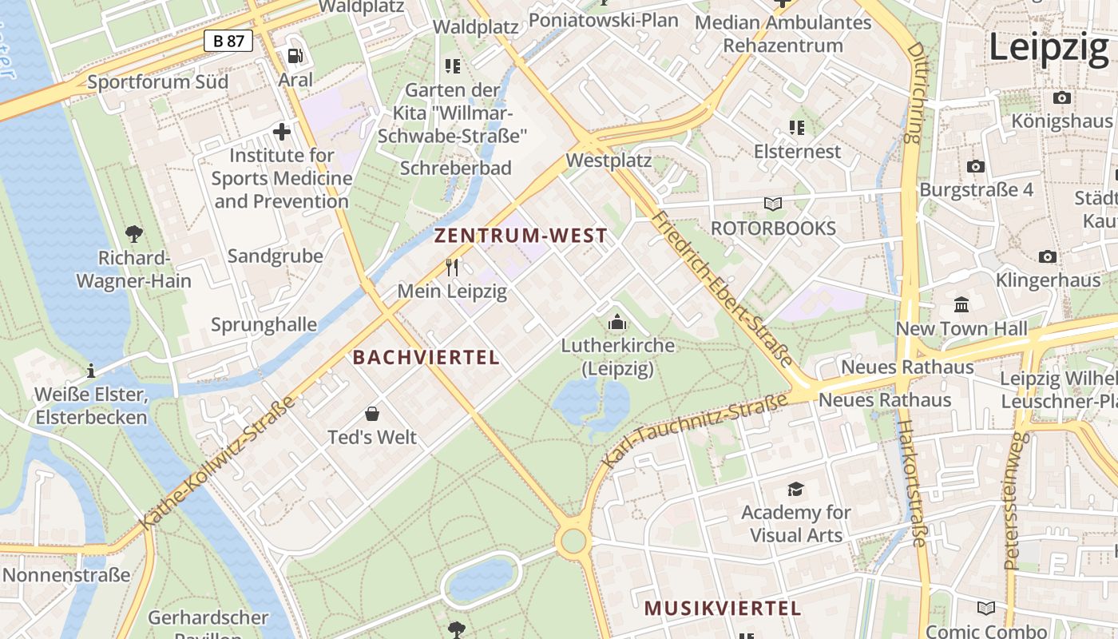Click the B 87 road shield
228,41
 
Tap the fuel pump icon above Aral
295,56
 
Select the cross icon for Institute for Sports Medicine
282,131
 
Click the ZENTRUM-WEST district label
521,236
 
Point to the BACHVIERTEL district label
426,358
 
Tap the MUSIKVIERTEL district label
722,609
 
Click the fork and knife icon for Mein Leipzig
452,267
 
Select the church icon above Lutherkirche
617,322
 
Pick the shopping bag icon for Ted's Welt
372,414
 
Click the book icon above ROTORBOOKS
773,204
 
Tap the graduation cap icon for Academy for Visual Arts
795,489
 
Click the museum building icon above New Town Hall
961,305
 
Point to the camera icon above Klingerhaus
1048,256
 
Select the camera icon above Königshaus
1061,97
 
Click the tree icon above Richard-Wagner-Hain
134,234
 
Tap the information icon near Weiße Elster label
91,371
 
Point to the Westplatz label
609,161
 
